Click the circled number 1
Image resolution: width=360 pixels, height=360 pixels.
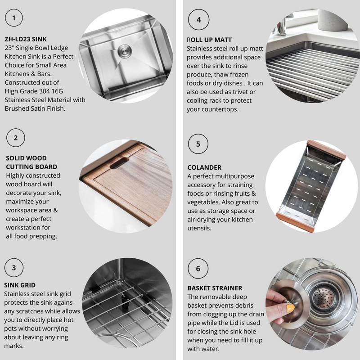click(14, 18)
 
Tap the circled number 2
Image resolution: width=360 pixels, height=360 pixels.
click(16, 138)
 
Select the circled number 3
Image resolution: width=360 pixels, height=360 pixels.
click(14, 268)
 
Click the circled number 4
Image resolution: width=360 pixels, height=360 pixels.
click(198, 20)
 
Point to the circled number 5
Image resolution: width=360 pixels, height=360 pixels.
click(198, 144)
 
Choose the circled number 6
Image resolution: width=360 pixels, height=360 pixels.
click(198, 268)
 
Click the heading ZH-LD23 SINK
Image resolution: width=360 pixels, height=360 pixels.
click(26, 39)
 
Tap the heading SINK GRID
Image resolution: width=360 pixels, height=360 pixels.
click(20, 285)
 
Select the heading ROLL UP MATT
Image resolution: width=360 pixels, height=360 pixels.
click(209, 40)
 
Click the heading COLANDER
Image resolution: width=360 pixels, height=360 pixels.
click(204, 167)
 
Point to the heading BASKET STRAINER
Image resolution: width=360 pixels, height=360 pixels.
click(215, 288)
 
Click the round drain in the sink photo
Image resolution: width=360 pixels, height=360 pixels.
click(125, 51)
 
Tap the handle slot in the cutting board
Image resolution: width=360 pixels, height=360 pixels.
click(119, 163)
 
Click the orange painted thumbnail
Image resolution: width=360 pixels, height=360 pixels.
click(290, 308)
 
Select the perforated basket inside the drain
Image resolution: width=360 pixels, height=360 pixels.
click(323, 298)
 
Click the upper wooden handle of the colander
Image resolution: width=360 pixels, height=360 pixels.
click(327, 150)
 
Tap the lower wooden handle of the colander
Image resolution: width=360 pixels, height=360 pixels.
click(295, 223)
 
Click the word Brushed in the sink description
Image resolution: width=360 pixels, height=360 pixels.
click(17, 108)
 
